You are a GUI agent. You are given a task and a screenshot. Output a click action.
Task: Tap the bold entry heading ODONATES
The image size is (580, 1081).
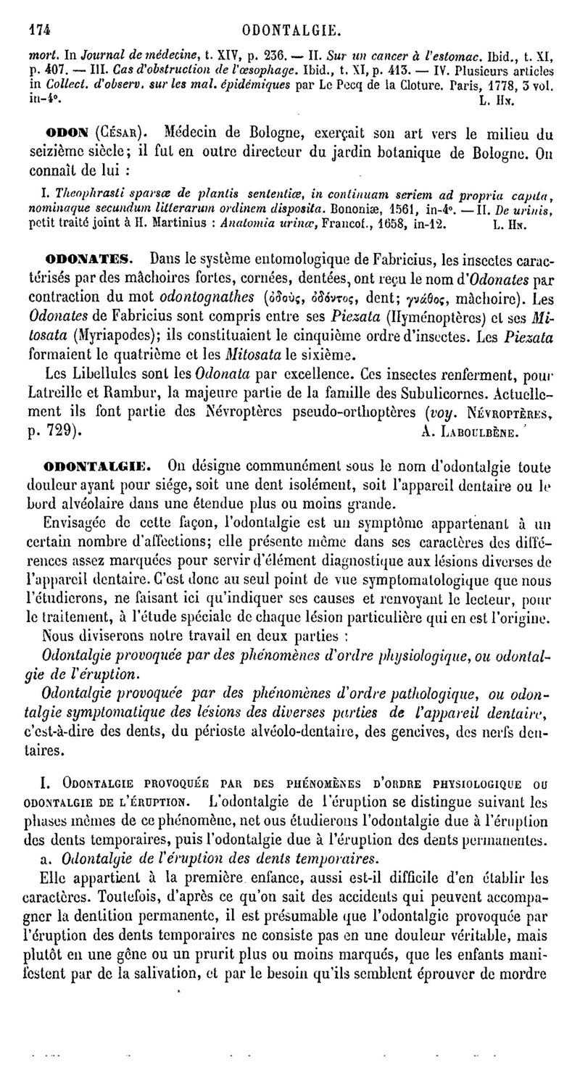[88, 257]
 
